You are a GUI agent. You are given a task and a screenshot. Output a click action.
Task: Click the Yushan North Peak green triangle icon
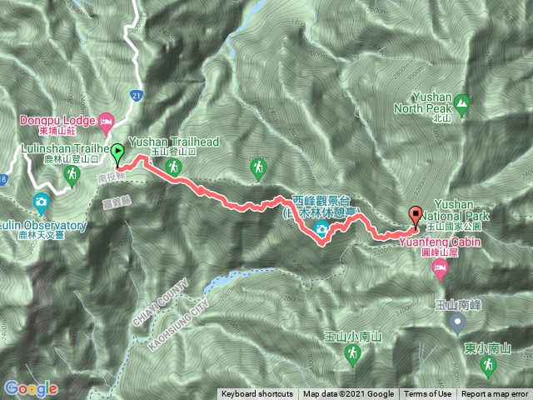click(x=463, y=105)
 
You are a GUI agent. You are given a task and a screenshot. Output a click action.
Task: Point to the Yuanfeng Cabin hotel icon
click(x=440, y=267)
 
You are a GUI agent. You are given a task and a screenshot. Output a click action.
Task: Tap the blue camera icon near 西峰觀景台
click(x=321, y=231)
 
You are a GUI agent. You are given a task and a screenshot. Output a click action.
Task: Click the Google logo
click(x=31, y=388)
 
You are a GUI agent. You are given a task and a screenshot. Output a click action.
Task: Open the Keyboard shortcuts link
click(x=257, y=394)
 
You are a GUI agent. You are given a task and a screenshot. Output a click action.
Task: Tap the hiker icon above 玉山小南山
click(x=353, y=355)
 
